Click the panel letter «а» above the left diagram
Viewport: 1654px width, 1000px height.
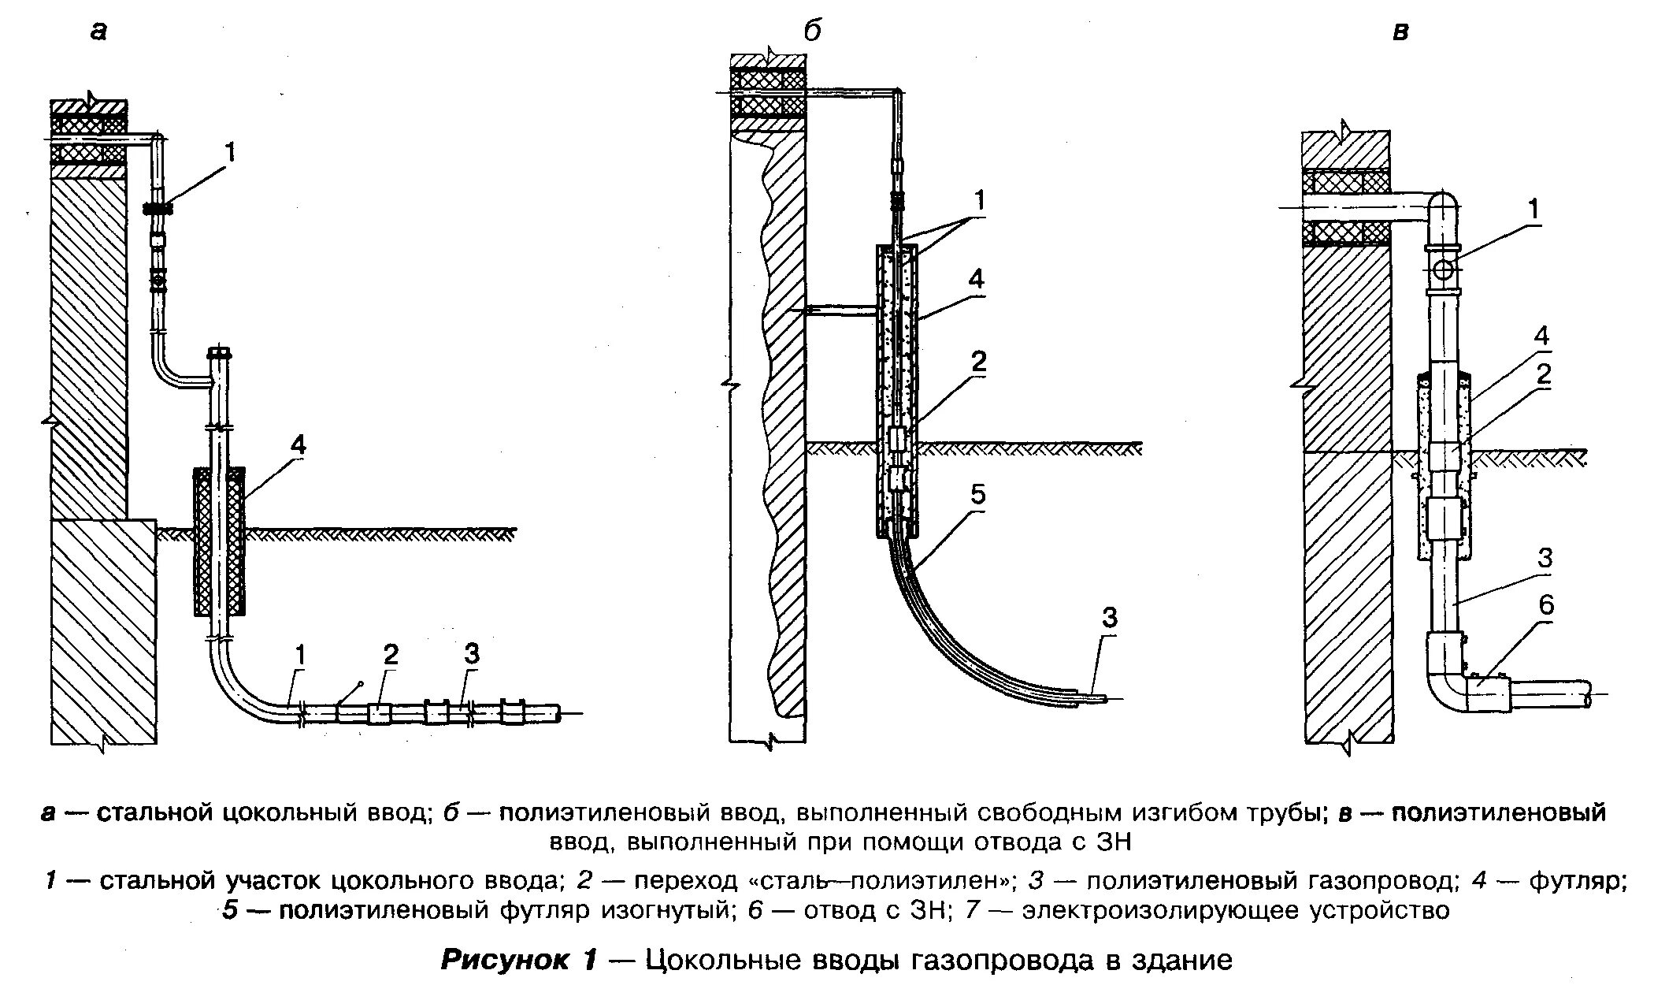[x=98, y=32]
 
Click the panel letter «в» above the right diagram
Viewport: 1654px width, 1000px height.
[x=1400, y=32]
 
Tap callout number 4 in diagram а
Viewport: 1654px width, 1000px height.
[x=297, y=446]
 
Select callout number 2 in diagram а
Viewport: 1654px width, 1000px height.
[x=391, y=654]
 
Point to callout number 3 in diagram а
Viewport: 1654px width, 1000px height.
[x=471, y=653]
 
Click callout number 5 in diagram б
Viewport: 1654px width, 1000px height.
[x=977, y=496]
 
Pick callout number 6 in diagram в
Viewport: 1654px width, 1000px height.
[x=1546, y=605]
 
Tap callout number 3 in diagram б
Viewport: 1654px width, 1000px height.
[x=1109, y=618]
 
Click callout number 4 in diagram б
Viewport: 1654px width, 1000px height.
[x=977, y=279]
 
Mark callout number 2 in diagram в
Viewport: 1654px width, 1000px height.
[x=1544, y=374]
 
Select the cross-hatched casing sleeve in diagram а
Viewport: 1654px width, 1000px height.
[x=219, y=542]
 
